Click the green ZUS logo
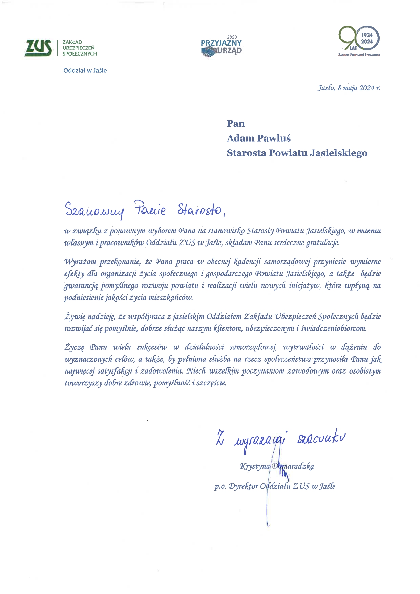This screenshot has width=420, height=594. coord(38,48)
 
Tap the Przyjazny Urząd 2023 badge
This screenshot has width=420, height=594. coord(221,46)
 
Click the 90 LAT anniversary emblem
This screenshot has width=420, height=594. coord(359,41)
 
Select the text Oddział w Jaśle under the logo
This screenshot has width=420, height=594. coord(85,70)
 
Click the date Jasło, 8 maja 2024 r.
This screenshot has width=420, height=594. coord(349,88)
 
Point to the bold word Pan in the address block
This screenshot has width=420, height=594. coord(236,123)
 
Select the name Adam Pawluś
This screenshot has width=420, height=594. coord(258,138)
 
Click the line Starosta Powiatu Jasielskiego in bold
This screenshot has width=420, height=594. coord(297,153)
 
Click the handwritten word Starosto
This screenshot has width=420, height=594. coord(199,210)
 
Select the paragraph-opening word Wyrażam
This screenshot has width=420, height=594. coord(80,262)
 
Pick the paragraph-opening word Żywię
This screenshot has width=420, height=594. coord(74,317)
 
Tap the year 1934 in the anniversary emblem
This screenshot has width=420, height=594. coord(367,35)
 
